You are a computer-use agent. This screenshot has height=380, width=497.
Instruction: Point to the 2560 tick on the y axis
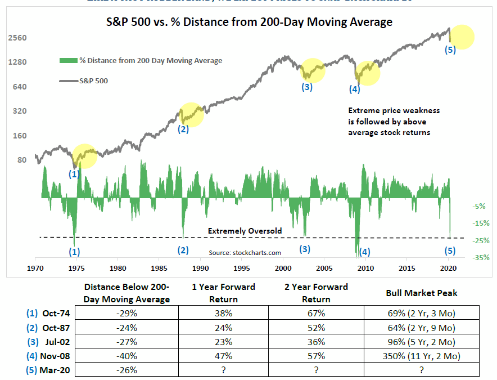tap(19, 38)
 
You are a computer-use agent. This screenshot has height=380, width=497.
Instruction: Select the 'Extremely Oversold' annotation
tap(245, 231)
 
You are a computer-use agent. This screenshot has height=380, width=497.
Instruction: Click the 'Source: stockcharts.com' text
tap(245, 253)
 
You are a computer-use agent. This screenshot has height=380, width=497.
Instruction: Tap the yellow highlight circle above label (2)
tap(191, 114)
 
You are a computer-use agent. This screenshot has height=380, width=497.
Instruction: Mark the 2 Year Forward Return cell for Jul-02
tap(316, 341)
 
